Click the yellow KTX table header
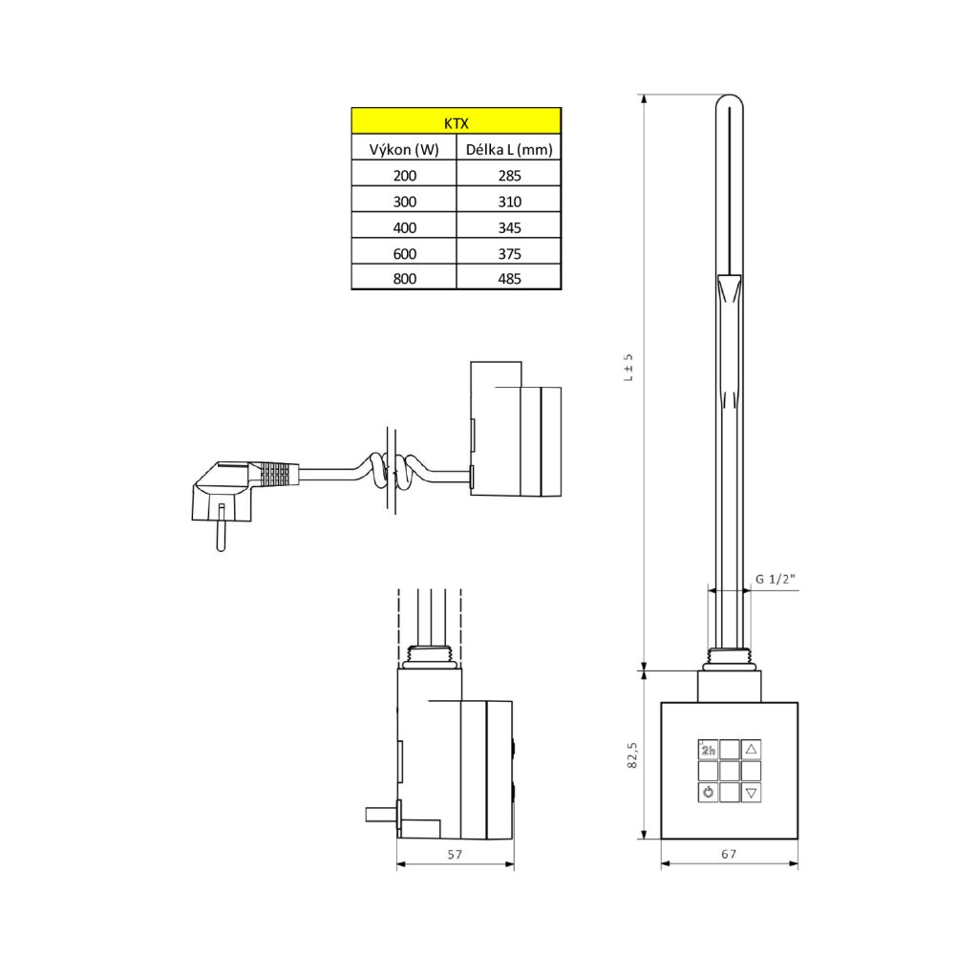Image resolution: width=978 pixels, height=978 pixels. (456, 121)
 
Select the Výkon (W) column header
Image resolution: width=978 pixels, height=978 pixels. (404, 148)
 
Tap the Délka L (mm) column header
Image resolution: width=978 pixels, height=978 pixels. (509, 148)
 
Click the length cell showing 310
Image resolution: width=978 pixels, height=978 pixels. (509, 201)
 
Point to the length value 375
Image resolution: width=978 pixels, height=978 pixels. (509, 252)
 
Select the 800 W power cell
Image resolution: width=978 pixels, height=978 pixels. (404, 278)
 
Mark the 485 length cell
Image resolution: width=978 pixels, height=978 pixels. (509, 278)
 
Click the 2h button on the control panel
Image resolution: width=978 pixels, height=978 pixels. (708, 750)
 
